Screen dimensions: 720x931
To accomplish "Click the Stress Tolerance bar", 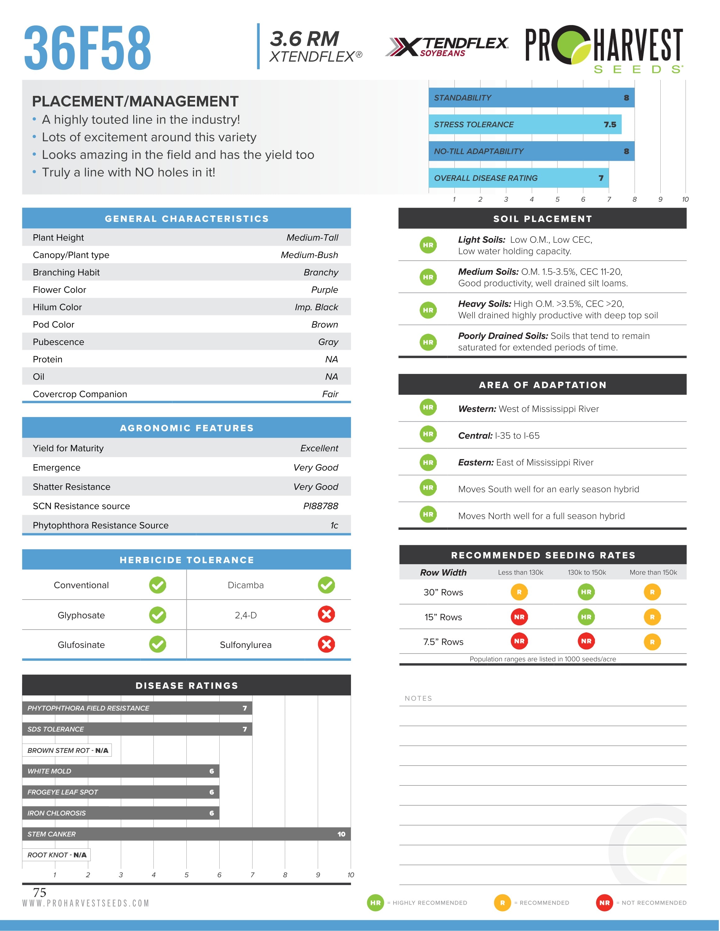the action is point(525,124).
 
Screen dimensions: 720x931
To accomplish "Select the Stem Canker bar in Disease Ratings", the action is point(186,834).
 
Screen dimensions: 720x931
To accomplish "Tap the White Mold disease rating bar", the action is point(121,771).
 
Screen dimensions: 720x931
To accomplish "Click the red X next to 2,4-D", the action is point(326,614).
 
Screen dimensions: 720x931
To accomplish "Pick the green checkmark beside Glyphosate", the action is point(157,615).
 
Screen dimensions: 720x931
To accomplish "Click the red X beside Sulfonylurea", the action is point(326,644).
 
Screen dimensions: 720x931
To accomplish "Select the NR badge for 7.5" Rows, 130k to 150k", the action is point(586,641).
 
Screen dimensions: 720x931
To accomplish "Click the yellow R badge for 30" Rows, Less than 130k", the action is point(519,592).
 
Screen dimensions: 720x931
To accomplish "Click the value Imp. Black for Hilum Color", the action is point(316,307).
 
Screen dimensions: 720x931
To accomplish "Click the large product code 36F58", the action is point(88,48).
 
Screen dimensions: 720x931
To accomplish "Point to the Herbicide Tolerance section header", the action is point(186,560).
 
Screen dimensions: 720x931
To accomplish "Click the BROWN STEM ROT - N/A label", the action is point(67,750).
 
